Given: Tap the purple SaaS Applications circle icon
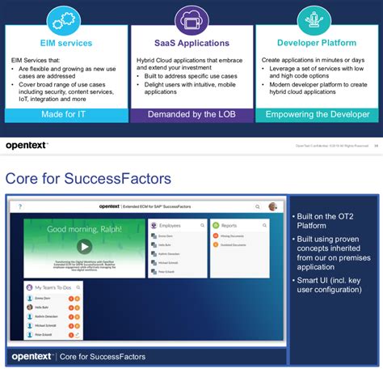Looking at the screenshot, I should [x=191, y=20].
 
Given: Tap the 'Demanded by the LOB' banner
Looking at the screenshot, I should [x=191, y=115].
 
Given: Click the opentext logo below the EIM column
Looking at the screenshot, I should [x=28, y=144].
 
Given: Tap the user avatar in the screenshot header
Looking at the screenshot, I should [x=274, y=207].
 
